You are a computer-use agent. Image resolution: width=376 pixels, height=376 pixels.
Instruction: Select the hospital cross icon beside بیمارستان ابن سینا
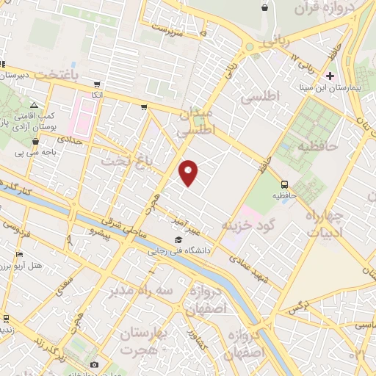tap(330, 76)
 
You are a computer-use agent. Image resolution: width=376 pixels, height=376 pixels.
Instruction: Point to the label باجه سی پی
tap(45, 153)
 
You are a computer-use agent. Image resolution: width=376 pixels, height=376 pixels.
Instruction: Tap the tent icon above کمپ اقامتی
tap(34, 106)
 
